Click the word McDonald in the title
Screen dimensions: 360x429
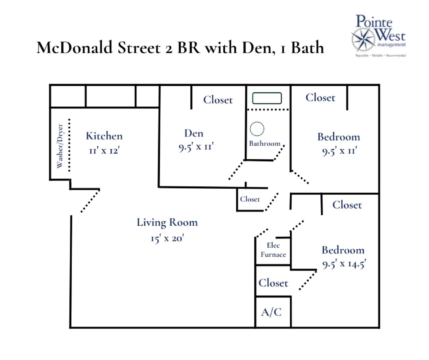[x=74, y=48]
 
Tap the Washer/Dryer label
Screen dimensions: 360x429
[x=60, y=146]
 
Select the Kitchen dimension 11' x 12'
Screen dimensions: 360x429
[x=104, y=150]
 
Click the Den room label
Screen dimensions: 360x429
[x=194, y=133]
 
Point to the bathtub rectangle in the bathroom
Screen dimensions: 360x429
[x=267, y=98]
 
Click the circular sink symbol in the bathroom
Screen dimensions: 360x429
[x=257, y=129]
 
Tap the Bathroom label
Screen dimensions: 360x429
[x=264, y=144]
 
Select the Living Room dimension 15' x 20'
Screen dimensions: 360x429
[x=167, y=238]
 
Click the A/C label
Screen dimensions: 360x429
[x=271, y=312]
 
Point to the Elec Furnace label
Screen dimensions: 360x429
[x=273, y=250]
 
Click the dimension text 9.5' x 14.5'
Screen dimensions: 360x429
[x=344, y=264]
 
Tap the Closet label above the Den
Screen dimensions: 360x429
[x=218, y=100]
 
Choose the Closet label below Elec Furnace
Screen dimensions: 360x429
[x=273, y=283]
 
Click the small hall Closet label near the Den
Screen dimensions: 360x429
[x=250, y=199]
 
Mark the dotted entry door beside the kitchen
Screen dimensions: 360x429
[x=90, y=201]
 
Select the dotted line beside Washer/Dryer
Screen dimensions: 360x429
[x=69, y=145]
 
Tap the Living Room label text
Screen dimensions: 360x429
[x=167, y=222]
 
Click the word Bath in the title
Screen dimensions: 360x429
[x=307, y=48]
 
